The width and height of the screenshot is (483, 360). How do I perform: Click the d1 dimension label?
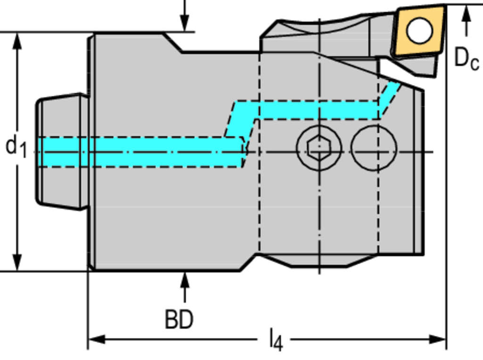pyautogui.click(x=16, y=146)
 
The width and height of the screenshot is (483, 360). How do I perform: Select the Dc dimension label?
pyautogui.click(x=466, y=59)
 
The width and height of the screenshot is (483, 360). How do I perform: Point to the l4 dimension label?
pyautogui.click(x=276, y=340)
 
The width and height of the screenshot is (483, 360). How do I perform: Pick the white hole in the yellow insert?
pyautogui.click(x=419, y=30)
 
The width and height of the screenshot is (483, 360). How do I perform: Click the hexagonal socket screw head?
pyautogui.click(x=319, y=148)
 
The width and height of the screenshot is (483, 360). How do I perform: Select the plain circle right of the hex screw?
pyautogui.click(x=374, y=148)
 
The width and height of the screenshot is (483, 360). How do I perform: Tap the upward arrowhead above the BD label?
pyautogui.click(x=184, y=280)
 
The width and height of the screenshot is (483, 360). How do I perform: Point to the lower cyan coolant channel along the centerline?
pyautogui.click(x=142, y=152)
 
